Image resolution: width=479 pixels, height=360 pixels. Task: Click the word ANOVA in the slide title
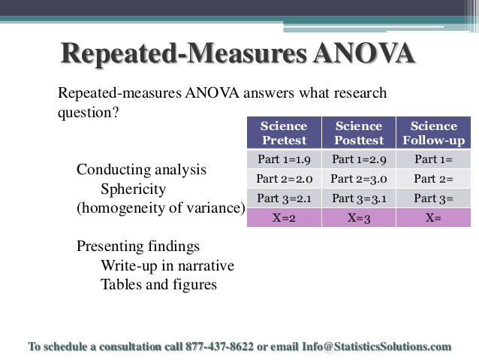coord(363,54)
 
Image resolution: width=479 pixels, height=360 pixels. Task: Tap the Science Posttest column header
coord(358,133)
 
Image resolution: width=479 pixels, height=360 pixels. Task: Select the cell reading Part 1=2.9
coord(358,159)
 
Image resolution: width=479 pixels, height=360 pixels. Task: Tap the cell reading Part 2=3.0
coord(358,179)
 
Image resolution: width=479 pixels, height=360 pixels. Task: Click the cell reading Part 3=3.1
coord(358,198)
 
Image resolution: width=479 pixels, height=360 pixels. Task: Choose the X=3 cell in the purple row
coord(358,218)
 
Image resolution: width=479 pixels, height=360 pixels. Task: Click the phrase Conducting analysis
coord(141,170)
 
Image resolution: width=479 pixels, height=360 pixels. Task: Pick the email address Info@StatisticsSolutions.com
coord(377,346)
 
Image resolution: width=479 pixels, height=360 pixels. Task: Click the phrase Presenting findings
coord(138,247)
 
